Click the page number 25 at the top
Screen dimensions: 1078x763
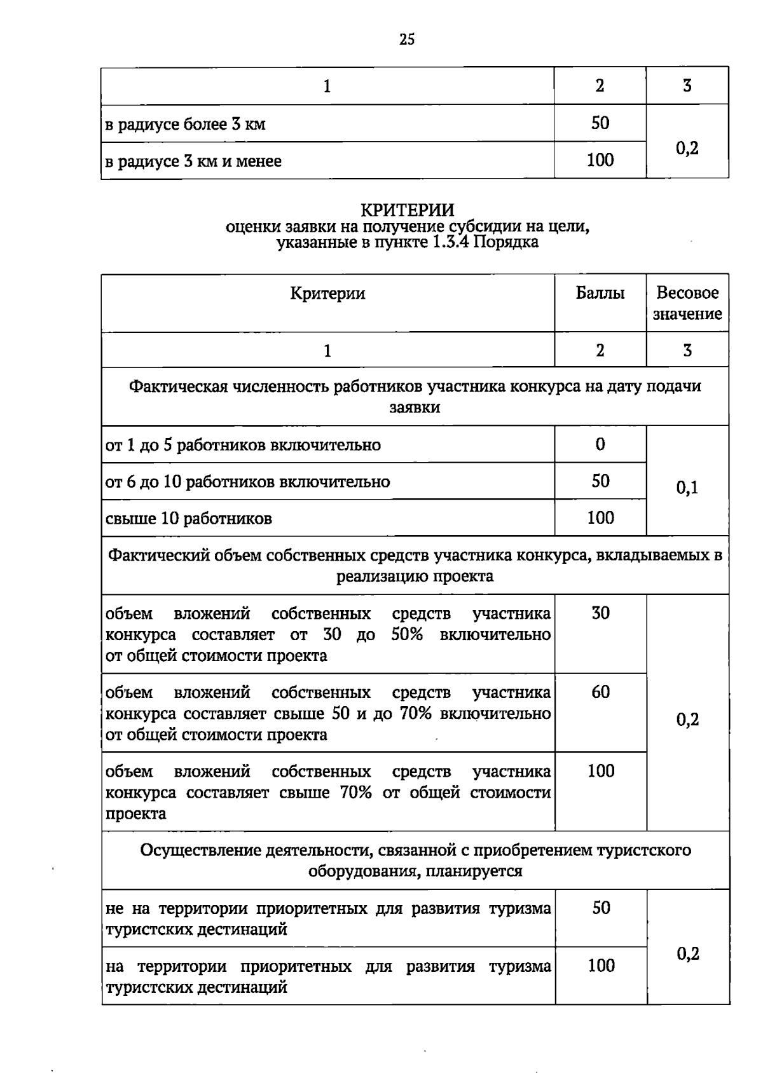point(407,40)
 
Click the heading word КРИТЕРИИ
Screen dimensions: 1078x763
point(407,210)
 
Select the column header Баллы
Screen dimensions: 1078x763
point(600,293)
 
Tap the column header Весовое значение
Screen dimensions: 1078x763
point(687,303)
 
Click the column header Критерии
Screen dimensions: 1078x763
point(327,293)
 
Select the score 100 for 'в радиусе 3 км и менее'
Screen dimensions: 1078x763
point(600,160)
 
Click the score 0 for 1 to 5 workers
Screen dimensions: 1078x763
point(600,444)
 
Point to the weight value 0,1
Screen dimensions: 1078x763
point(687,488)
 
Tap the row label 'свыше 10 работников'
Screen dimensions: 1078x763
point(189,519)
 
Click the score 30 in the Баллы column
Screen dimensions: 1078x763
point(600,613)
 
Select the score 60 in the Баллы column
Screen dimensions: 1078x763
point(600,692)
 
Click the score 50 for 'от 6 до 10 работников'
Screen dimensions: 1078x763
point(600,481)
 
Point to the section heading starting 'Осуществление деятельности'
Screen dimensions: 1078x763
point(415,850)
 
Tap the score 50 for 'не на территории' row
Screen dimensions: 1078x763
point(601,908)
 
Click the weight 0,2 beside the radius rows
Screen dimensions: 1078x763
point(687,148)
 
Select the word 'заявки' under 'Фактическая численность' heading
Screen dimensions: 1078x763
point(415,407)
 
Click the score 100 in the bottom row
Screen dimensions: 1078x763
point(601,966)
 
